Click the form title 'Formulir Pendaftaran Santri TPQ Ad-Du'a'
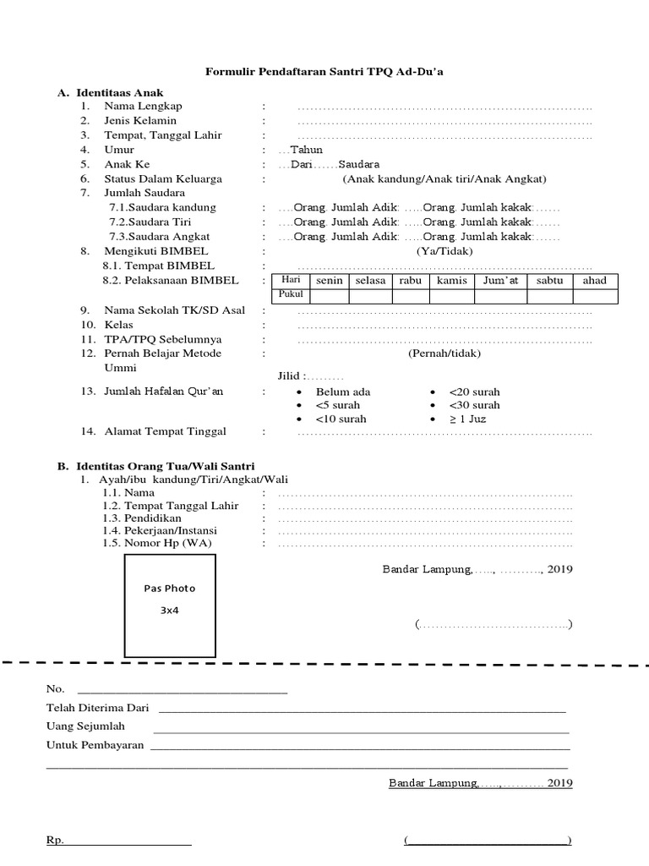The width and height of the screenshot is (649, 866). tap(324, 74)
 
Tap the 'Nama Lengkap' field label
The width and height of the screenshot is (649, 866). tap(143, 107)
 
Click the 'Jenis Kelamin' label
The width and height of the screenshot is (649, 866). tap(140, 121)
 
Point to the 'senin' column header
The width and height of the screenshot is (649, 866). tap(329, 281)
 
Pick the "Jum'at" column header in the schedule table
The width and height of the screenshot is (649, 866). tap(501, 281)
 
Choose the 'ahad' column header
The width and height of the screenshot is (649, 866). tap(595, 281)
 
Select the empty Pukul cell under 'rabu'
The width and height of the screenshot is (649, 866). tap(410, 295)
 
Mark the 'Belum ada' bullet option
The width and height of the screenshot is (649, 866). tap(342, 392)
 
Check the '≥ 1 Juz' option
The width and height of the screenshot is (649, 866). tap(467, 419)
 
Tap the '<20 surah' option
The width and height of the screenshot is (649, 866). tap(474, 392)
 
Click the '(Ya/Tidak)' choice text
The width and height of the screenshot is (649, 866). tap(444, 251)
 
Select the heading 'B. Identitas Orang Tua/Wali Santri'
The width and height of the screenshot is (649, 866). tap(155, 466)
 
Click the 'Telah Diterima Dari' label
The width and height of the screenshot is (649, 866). tap(97, 708)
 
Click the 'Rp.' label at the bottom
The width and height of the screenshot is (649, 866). tap(54, 841)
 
